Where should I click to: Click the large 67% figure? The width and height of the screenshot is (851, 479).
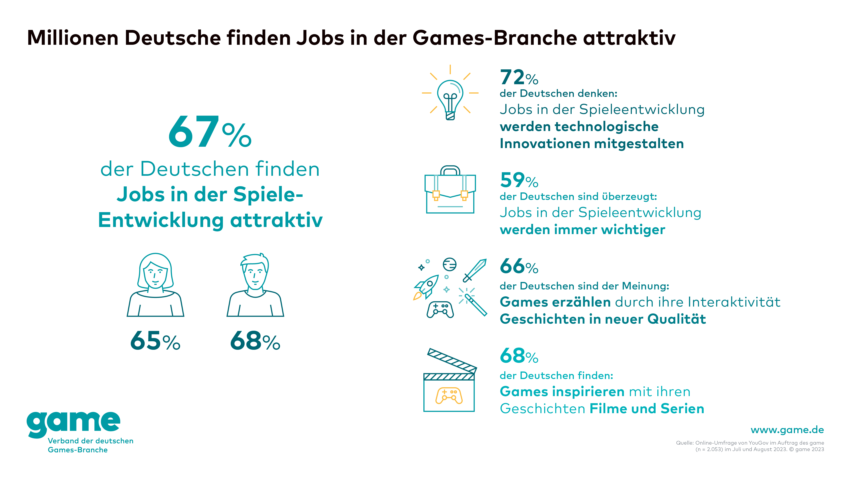[210, 132]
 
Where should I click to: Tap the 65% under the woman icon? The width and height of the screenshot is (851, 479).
[155, 341]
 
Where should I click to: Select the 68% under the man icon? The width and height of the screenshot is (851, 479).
[255, 341]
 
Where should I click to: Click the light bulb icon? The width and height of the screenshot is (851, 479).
[450, 98]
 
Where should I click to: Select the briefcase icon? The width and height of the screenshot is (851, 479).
[450, 190]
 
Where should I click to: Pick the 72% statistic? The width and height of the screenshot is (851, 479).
[519, 77]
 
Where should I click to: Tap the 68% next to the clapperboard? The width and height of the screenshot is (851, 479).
[519, 356]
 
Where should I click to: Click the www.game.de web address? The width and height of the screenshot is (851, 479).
[787, 430]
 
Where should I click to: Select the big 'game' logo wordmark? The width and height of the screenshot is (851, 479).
[73, 423]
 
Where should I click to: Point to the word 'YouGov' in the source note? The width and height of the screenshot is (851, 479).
[758, 443]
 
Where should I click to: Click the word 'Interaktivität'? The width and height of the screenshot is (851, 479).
[734, 302]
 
